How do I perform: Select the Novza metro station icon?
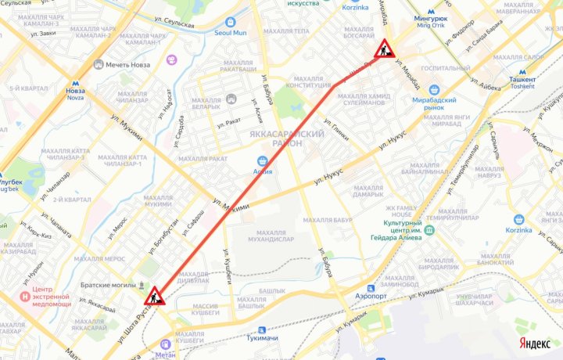pyautogui.click(x=75, y=81)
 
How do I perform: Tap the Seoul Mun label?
pyautogui.click(x=231, y=32)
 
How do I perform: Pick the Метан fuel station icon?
pyautogui.click(x=165, y=343)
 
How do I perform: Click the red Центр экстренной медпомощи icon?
pyautogui.click(x=27, y=297)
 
